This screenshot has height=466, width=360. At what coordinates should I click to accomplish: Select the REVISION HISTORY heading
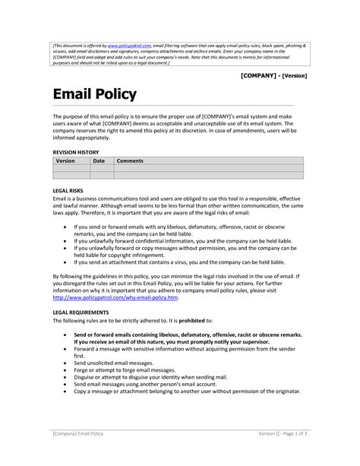point(77,152)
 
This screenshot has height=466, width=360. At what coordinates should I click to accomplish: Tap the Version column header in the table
point(65,161)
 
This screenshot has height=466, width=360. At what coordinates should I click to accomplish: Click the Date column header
point(99,161)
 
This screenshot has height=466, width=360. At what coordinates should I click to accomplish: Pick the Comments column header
point(130,161)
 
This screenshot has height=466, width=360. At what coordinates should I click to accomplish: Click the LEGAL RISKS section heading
point(68,190)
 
